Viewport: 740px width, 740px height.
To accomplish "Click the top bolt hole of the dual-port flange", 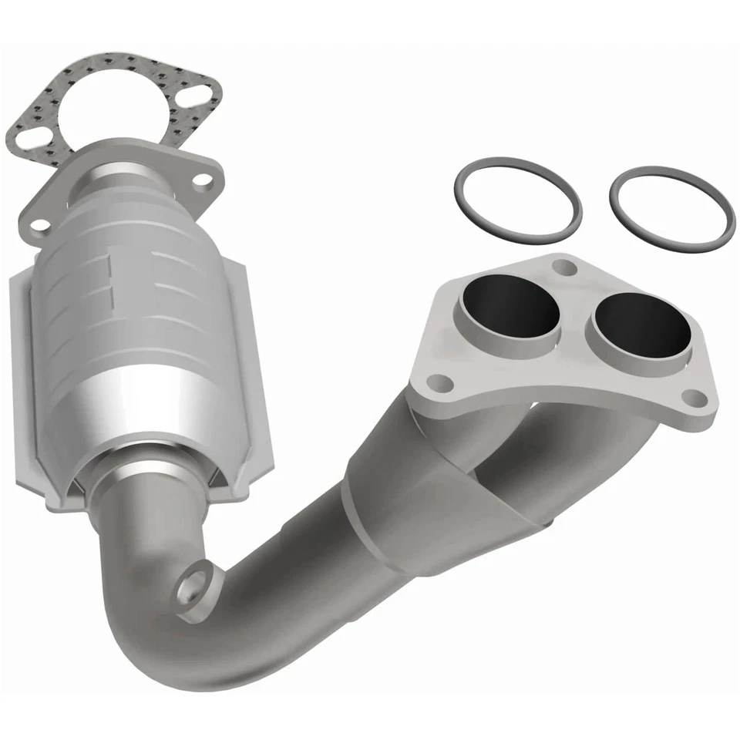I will point(567,267).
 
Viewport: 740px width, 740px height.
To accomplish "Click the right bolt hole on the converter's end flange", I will point(203,180).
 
